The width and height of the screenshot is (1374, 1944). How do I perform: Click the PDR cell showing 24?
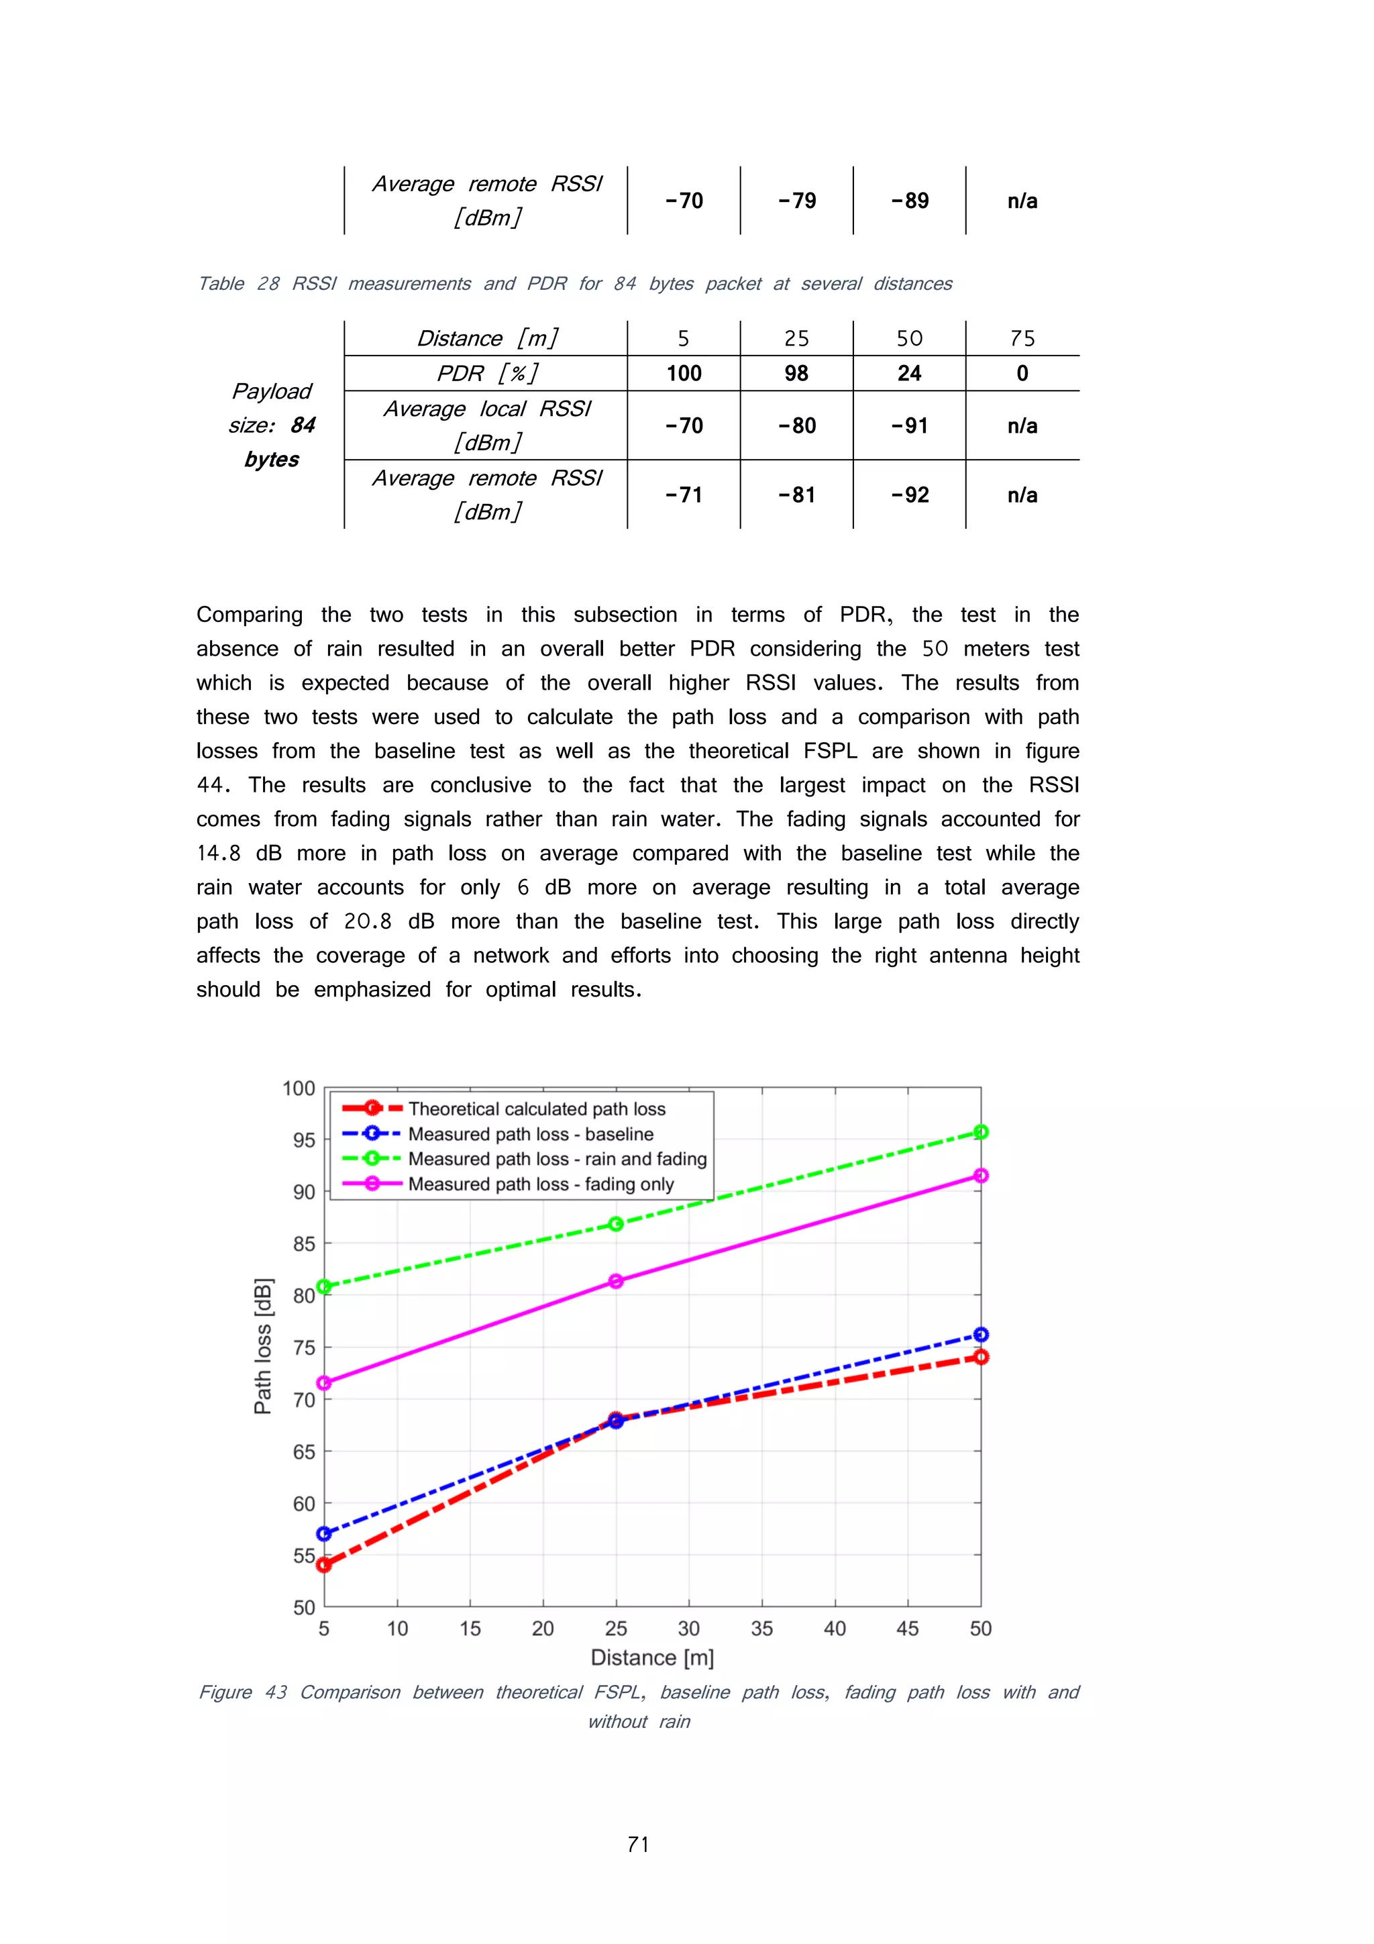click(908, 373)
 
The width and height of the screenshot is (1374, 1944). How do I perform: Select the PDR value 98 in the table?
click(796, 373)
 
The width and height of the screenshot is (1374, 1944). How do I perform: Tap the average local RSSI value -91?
click(908, 426)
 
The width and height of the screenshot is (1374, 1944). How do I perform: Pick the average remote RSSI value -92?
click(908, 495)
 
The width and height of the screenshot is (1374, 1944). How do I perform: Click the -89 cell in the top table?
click(908, 201)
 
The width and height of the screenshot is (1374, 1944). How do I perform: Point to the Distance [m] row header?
click(487, 339)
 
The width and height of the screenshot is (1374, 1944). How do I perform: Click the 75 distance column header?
click(1022, 339)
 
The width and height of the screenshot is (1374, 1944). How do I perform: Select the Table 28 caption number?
click(268, 284)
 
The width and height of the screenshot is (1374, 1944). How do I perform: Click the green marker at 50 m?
click(980, 1132)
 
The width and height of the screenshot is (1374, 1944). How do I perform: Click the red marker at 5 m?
click(323, 1565)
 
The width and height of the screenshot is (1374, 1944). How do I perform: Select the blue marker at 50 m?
click(980, 1335)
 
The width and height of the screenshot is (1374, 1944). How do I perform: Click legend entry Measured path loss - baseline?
click(530, 1133)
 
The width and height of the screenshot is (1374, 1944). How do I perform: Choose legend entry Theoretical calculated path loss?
click(536, 1109)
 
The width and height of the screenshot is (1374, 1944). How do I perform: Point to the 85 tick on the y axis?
click(304, 1244)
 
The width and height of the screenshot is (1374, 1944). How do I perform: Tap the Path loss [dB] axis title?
click(263, 1346)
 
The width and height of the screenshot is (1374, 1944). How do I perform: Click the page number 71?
click(638, 1844)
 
